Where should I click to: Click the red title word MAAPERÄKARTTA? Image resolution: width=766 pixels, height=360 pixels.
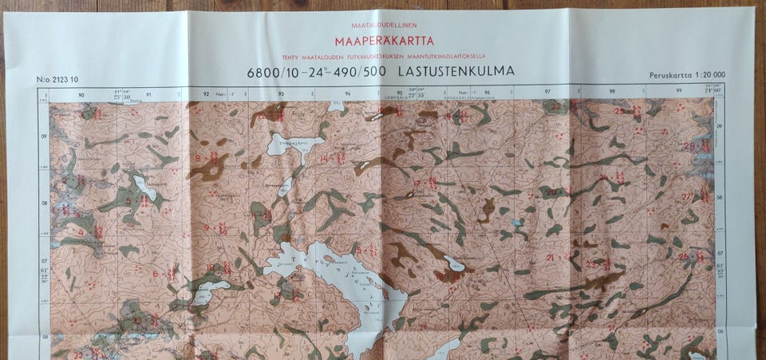(384, 41)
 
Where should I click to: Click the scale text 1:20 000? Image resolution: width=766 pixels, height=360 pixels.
(709, 75)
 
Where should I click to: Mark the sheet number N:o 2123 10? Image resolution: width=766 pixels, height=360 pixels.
(57, 79)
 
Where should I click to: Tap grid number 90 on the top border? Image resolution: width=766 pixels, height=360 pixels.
(81, 94)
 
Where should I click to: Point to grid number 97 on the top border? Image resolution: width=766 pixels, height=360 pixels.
(547, 93)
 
